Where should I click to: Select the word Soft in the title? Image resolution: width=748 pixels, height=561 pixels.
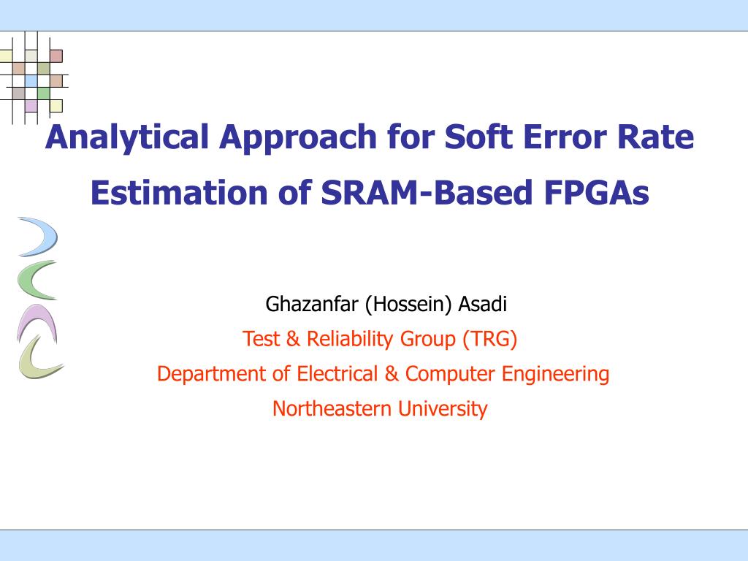coord(478,137)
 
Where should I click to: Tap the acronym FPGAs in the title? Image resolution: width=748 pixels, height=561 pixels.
coord(596,193)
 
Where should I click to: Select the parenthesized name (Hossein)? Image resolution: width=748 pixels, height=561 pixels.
coord(408,305)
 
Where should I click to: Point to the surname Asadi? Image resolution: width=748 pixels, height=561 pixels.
coord(482,304)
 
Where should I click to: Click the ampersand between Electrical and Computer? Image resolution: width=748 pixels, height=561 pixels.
coord(392,373)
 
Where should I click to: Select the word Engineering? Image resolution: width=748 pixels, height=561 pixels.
coord(555,374)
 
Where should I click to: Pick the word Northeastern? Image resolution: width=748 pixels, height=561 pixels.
coord(332,409)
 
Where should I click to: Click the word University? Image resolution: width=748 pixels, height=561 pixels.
coord(443,409)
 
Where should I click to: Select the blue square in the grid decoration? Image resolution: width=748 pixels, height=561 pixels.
coord(31,80)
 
